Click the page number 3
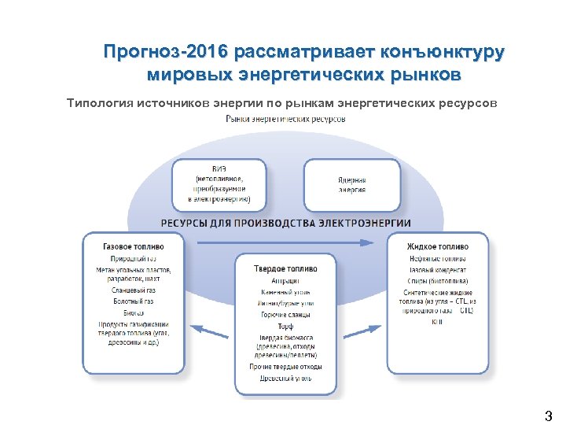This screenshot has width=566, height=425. (548, 414)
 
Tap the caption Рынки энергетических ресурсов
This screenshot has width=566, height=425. (285, 119)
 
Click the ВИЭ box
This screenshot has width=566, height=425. (219, 184)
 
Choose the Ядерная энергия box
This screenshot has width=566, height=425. (351, 184)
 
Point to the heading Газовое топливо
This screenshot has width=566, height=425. (134, 246)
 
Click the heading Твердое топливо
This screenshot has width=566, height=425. (285, 268)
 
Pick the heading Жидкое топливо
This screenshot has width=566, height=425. (437, 246)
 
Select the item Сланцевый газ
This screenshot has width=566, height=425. (134, 290)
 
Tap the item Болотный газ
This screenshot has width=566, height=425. (134, 301)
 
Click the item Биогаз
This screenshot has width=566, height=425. (134, 312)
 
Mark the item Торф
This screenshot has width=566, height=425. (285, 326)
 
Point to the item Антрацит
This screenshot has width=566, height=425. (285, 280)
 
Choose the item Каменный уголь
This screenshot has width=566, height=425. (285, 292)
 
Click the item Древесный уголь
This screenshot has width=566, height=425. (285, 379)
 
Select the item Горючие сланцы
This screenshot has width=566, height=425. (285, 315)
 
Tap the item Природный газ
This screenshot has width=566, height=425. (134, 258)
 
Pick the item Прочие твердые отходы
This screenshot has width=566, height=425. (285, 367)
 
